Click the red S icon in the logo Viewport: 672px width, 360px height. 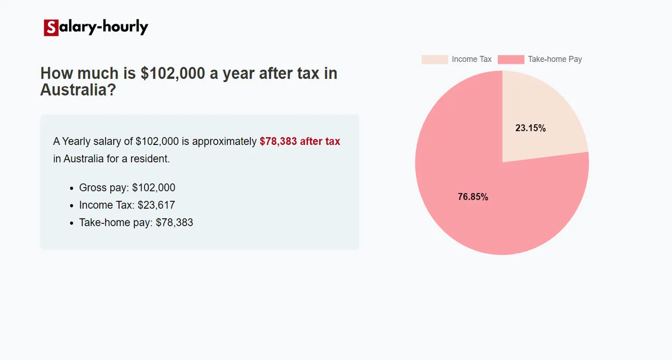[51, 28]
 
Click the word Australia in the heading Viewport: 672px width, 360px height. [78, 90]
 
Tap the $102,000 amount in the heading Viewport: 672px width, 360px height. [172, 73]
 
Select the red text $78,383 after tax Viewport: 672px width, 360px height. [300, 142]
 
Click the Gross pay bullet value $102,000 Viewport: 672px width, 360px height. [154, 188]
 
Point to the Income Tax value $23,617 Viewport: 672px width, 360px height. [156, 205]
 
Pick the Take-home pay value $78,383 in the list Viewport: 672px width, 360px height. [174, 223]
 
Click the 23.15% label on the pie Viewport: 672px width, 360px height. [530, 128]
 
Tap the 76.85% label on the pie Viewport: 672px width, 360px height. [473, 197]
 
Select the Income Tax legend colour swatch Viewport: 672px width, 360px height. [434, 60]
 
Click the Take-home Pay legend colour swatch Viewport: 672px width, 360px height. [511, 60]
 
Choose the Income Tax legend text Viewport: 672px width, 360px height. [471, 60]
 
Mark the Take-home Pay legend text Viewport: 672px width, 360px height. [554, 60]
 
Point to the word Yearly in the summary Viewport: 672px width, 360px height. [76, 142]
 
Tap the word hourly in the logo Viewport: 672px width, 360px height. [124, 27]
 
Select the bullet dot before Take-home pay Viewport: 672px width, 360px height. [72, 223]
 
